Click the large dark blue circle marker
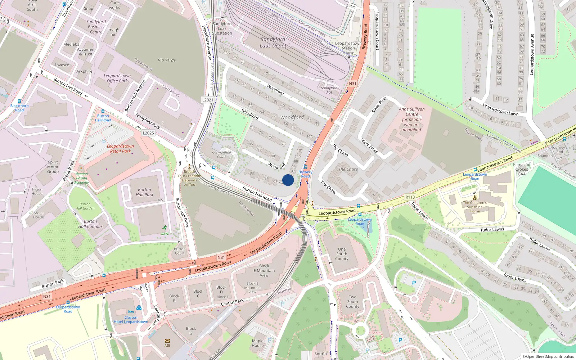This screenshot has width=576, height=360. point(288,180)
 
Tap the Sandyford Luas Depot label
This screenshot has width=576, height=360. point(273,42)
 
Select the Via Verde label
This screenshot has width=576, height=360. point(167,60)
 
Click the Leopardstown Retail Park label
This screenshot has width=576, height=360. point(120,149)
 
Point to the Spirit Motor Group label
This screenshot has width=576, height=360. point(53,167)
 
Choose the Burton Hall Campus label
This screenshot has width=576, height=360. point(90,224)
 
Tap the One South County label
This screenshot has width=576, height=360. point(342,254)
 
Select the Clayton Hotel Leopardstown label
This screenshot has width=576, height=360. point(131,320)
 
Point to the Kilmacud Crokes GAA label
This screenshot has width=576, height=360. point(522,169)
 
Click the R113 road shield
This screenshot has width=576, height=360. point(410,197)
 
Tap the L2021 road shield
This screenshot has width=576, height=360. point(207,100)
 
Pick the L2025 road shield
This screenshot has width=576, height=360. point(148,133)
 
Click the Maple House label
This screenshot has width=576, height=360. point(258,343)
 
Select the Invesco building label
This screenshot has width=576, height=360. point(62,65)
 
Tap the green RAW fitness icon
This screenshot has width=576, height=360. point(165,228)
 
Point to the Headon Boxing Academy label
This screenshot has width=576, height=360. point(82,178)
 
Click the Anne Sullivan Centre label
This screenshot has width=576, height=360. point(412,119)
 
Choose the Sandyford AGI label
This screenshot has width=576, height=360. point(329,90)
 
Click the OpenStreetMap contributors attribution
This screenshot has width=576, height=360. point(548,357)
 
